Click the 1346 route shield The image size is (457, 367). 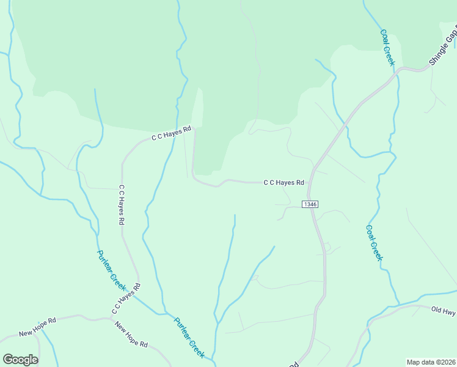(x=310, y=204)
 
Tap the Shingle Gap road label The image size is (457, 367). (x=442, y=48)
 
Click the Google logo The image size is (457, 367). (x=20, y=360)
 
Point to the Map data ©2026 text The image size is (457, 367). (x=431, y=361)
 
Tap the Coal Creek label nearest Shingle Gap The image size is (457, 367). (x=388, y=48)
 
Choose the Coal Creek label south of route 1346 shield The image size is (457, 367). (x=375, y=243)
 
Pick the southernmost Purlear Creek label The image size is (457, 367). (x=189, y=337)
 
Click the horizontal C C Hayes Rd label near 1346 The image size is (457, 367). (x=283, y=182)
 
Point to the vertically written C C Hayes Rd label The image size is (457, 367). (x=122, y=204)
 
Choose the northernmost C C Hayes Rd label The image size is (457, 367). (x=172, y=133)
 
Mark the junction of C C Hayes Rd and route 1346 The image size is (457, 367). (x=310, y=182)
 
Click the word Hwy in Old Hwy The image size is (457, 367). (x=449, y=312)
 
